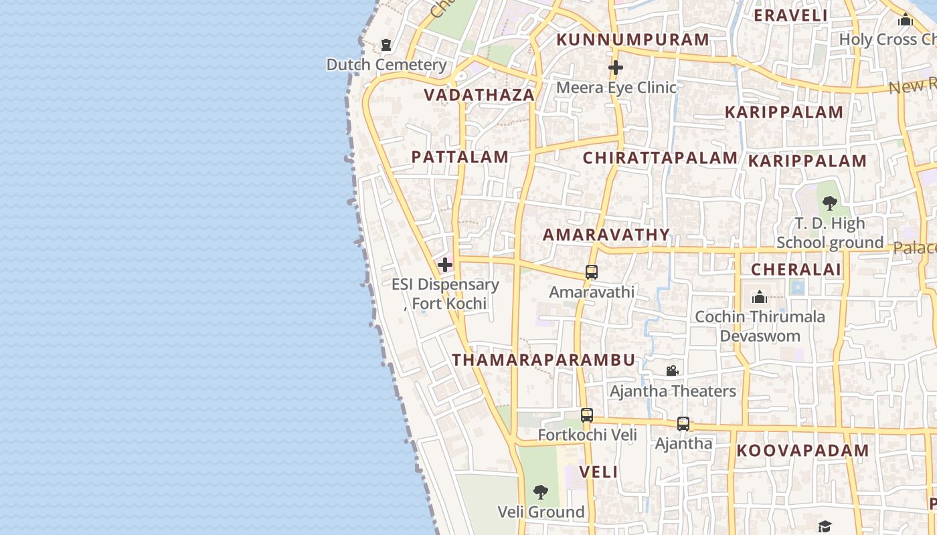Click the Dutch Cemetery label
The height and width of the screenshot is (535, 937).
pos(386,65)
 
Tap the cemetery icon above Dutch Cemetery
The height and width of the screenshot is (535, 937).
pos(386,45)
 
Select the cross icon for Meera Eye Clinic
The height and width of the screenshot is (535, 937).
pos(616,68)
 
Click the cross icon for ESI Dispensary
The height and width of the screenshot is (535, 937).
pos(445,265)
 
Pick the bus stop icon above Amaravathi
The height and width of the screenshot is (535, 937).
pos(592,272)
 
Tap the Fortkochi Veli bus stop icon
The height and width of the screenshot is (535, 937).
pos(587,415)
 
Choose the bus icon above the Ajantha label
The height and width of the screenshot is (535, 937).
pos(683,424)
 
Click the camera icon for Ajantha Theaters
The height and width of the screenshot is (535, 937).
pos(673,371)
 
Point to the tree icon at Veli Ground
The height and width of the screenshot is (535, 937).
pos(541,493)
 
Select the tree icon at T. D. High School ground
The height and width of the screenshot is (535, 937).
pos(830,203)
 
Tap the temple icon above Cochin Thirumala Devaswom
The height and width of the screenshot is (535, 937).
pos(760,297)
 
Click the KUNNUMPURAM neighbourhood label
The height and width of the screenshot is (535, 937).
pos(632,40)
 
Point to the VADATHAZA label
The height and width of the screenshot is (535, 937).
pos(480,95)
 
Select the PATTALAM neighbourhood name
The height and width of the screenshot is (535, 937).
pos(460,157)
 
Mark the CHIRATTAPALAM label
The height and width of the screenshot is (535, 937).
pos(660,158)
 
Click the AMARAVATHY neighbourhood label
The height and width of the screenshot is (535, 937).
pos(606,235)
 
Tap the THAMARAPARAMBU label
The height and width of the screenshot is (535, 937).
pos(543,360)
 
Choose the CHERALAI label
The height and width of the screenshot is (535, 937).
pos(796,270)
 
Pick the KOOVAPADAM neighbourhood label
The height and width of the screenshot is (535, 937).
pos(802,451)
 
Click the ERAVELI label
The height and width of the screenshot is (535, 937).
pos(791,15)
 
